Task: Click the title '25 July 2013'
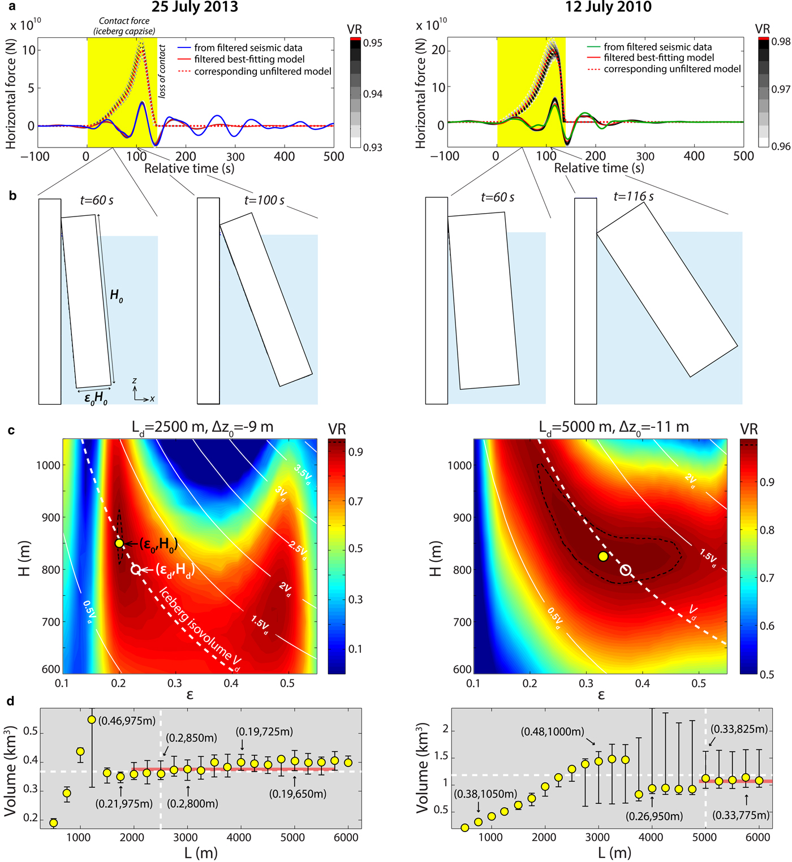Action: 195,7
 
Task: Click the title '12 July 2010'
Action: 608,7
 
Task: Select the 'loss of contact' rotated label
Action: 162,72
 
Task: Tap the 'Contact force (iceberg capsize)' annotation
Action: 124,26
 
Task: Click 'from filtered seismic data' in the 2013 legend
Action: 248,48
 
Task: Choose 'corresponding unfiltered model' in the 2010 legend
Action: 672,69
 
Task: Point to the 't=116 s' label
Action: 634,197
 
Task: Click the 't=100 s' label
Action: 264,200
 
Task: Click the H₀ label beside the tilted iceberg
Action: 116,295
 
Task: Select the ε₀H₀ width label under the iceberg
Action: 96,398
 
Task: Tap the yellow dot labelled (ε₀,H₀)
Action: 119,543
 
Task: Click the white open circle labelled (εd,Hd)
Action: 136,569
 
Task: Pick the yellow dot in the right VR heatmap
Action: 603,556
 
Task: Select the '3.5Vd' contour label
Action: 303,475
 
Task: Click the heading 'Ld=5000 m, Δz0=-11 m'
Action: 614,427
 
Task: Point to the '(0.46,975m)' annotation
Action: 127,721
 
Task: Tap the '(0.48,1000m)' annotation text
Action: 552,732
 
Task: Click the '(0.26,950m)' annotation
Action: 654,816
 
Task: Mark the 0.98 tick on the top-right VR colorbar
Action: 781,41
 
